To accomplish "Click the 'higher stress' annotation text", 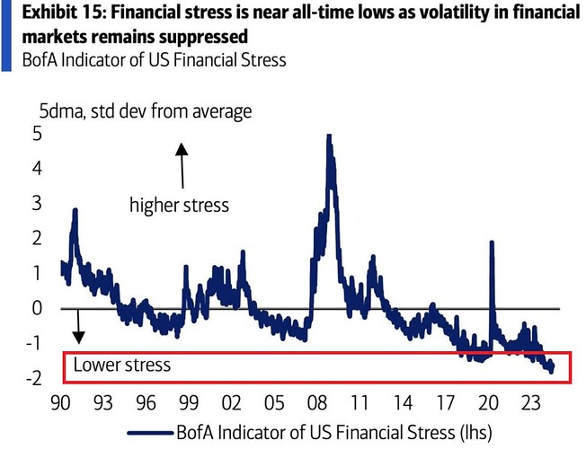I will click(x=180, y=205).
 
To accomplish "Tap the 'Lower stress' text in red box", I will click(x=121, y=365).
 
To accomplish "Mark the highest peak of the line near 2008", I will click(x=329, y=136).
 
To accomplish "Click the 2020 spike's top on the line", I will click(x=492, y=242).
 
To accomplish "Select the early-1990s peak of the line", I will click(x=75, y=211).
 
